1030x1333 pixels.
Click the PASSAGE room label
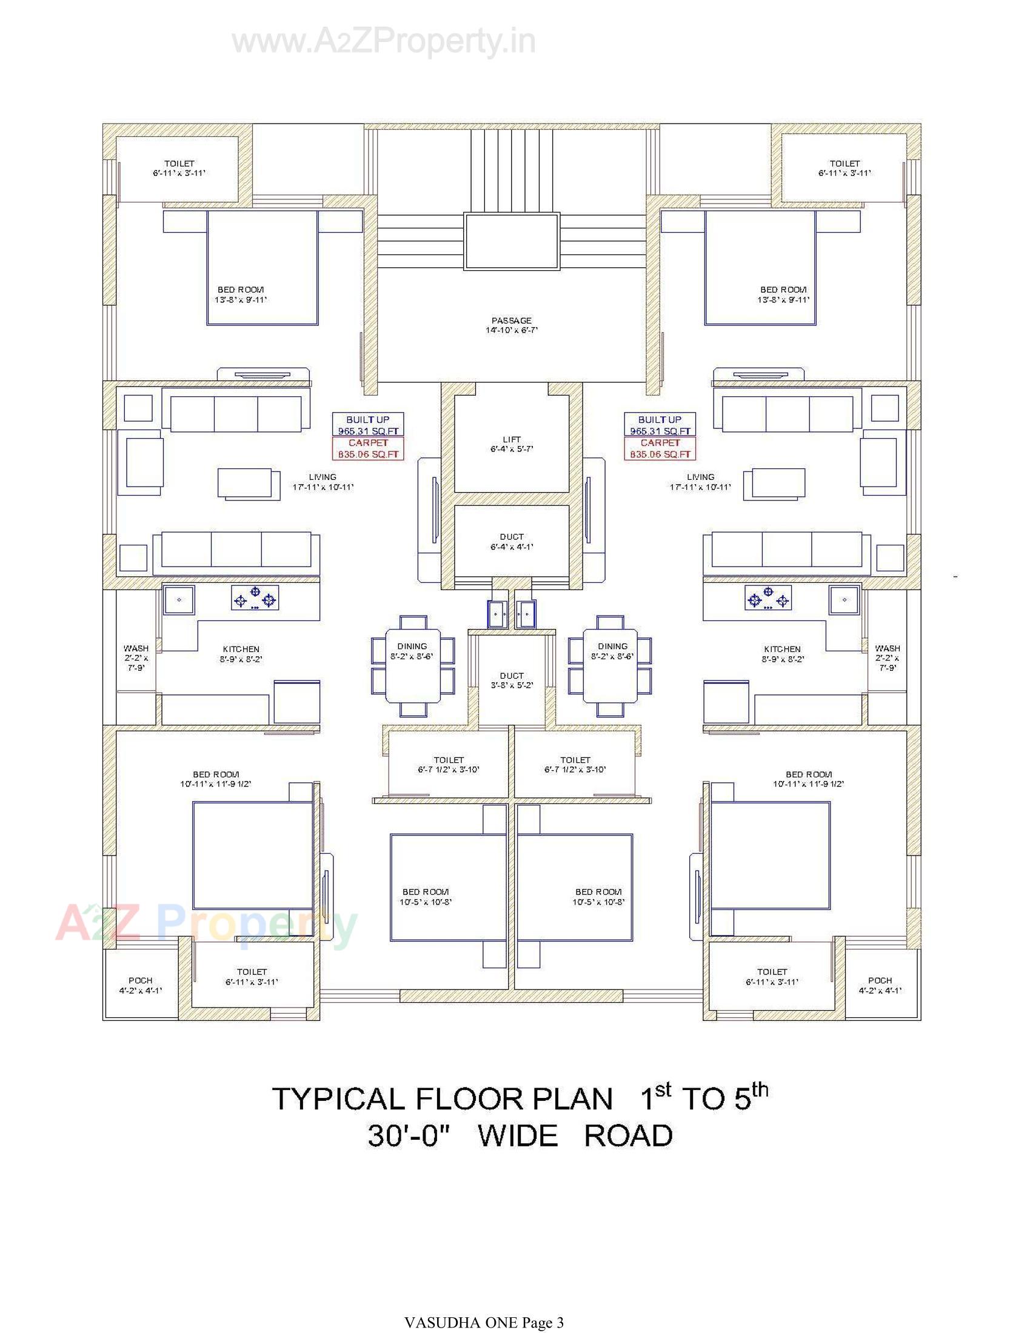tap(511, 325)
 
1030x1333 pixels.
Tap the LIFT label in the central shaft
tap(511, 444)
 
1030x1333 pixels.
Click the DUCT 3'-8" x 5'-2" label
tap(511, 680)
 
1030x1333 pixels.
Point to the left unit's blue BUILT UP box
tap(367, 425)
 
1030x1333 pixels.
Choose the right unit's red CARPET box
tap(660, 448)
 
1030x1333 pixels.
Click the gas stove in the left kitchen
tap(255, 597)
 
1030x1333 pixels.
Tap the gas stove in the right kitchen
tap(768, 597)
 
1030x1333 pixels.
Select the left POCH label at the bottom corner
tap(141, 985)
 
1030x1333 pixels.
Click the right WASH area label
tap(887, 657)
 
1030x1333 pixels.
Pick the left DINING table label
tap(412, 651)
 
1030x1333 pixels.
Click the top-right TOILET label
tap(844, 168)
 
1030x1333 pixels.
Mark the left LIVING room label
tap(323, 482)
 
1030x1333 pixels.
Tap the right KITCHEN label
tap(782, 654)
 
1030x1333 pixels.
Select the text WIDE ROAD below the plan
tap(575, 1136)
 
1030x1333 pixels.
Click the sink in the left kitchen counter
tap(179, 599)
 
